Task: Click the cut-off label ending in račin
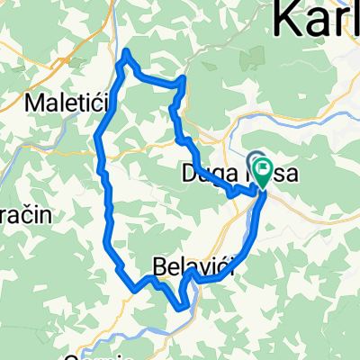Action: pyautogui.click(x=27, y=215)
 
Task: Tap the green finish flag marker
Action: pyautogui.click(x=264, y=171)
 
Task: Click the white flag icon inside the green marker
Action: pyautogui.click(x=264, y=167)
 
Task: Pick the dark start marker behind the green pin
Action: pyautogui.click(x=255, y=161)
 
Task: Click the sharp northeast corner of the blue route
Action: pyautogui.click(x=184, y=80)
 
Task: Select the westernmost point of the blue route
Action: pyautogui.click(x=96, y=137)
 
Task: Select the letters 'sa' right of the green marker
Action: pyautogui.click(x=285, y=172)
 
